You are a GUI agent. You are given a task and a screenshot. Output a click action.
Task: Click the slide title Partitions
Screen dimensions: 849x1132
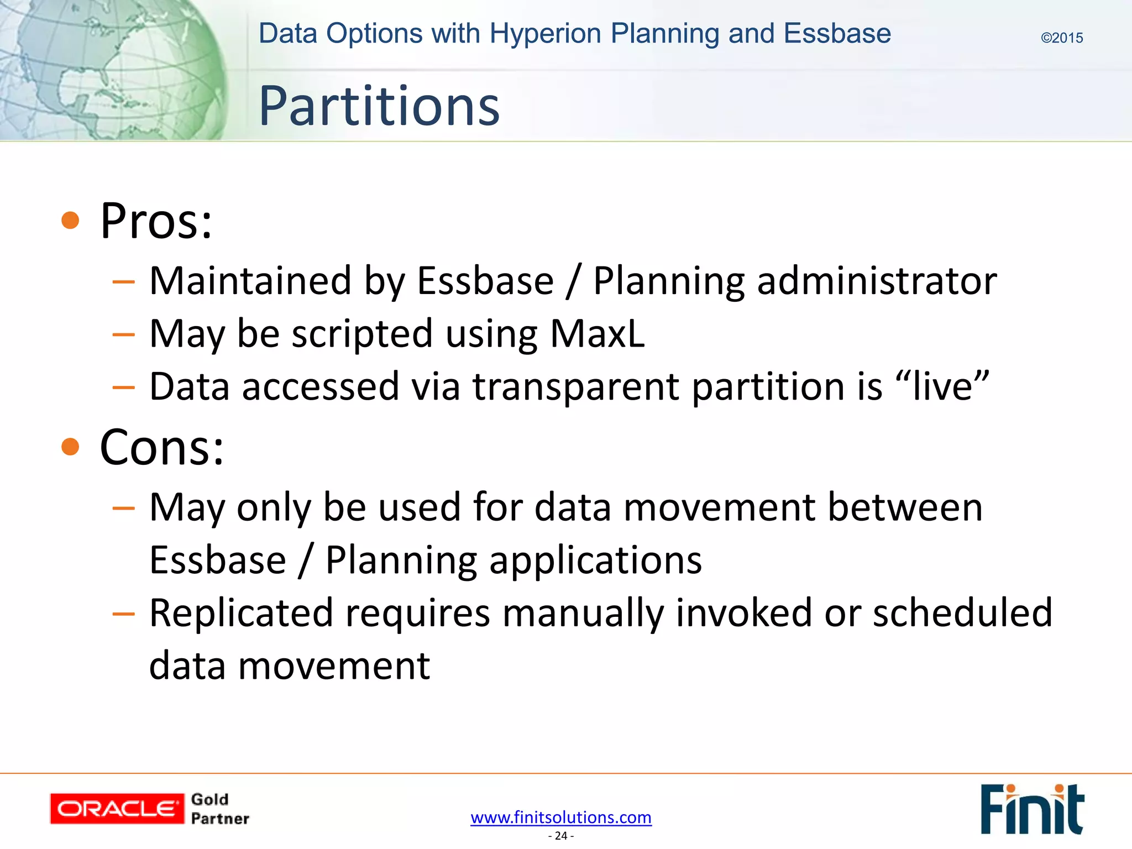coord(379,106)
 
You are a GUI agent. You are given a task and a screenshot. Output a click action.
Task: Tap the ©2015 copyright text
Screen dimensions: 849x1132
coord(1061,38)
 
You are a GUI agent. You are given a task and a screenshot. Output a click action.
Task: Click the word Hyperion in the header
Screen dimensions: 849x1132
coord(545,34)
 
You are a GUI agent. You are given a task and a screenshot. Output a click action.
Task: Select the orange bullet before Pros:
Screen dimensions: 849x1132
coord(70,220)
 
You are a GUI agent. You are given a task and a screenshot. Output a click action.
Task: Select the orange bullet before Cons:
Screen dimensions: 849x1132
coord(70,446)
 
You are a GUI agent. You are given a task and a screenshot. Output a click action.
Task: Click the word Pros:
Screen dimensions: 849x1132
coord(156,221)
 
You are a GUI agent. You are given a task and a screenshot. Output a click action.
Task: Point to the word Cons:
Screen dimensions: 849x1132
coord(162,448)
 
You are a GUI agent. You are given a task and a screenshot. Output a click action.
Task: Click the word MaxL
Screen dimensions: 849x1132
coord(597,334)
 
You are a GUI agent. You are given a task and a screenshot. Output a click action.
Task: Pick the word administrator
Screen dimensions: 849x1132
coord(877,281)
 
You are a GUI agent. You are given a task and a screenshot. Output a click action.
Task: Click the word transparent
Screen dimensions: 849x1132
coord(575,387)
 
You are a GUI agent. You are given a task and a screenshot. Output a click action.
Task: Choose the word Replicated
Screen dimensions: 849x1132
coord(242,614)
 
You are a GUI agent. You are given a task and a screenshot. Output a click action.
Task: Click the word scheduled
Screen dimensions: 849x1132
coord(962,614)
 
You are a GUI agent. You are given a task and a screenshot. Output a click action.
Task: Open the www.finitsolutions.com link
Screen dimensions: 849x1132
coord(561,817)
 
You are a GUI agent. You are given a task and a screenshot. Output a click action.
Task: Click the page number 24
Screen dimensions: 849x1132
coord(561,836)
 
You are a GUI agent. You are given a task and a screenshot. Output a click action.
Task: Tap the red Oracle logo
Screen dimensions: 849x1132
coord(117,809)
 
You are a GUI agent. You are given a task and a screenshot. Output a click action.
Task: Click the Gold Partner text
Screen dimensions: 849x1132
coord(219,809)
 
